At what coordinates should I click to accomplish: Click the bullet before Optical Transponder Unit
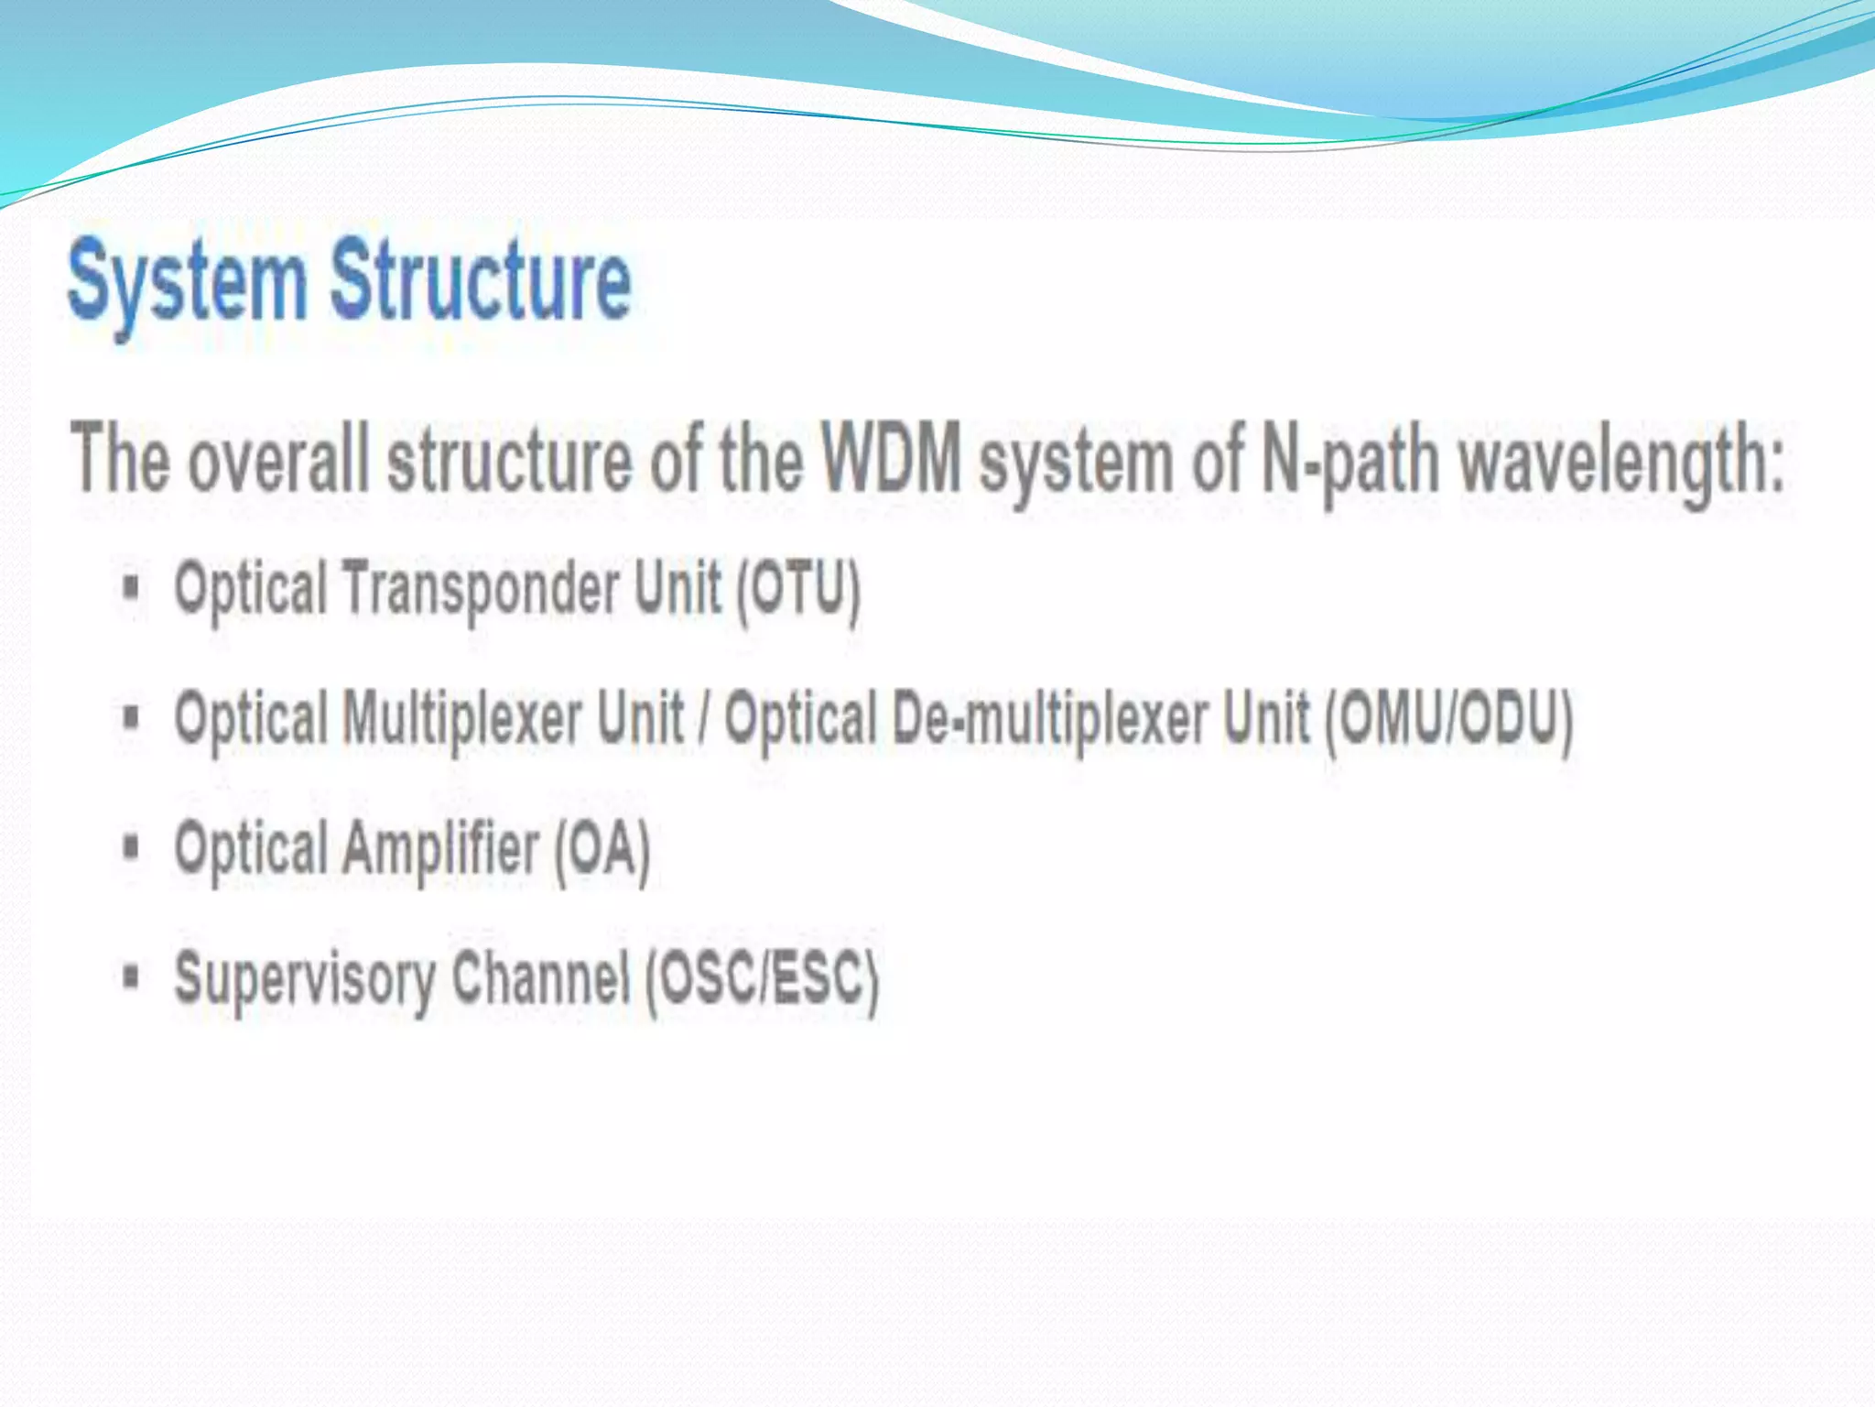coord(132,587)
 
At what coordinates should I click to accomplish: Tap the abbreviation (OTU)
coord(798,589)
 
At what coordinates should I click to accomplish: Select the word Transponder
coord(481,589)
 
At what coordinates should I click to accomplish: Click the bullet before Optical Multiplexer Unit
coord(132,716)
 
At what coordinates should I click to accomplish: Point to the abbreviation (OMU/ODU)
coord(1448,718)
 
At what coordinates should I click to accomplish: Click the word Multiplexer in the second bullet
coord(462,718)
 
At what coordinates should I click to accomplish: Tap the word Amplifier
coord(440,848)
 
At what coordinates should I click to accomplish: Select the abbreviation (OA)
coord(602,848)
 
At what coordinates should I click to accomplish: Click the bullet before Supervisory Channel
coord(132,976)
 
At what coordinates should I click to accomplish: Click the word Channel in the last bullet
coord(540,976)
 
